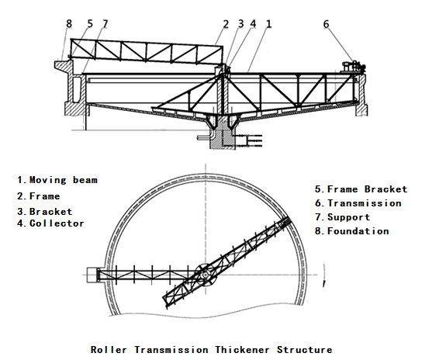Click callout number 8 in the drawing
68,24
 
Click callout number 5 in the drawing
89,24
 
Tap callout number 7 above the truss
105,24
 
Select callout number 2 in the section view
226,24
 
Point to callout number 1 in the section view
268,24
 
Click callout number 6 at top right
326,24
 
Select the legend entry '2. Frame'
39,196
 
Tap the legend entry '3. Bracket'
45,211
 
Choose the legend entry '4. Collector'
50,223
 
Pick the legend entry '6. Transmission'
358,203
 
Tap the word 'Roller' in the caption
108,350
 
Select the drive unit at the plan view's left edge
92,274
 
